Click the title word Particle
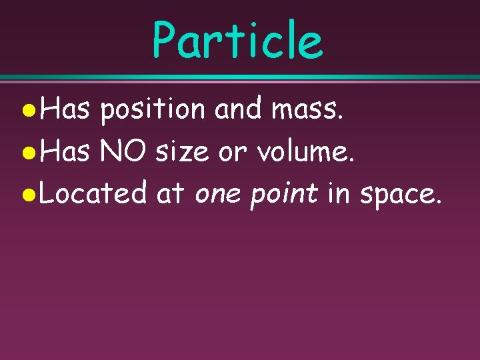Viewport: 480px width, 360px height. [237, 39]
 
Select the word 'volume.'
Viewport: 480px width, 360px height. [294, 152]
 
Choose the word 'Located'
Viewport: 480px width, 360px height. [93, 194]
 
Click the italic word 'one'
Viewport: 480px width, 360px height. [219, 195]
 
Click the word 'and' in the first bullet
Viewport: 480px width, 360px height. [239, 109]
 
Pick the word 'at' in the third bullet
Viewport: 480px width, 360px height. [169, 195]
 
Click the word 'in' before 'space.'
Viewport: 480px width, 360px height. [339, 194]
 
